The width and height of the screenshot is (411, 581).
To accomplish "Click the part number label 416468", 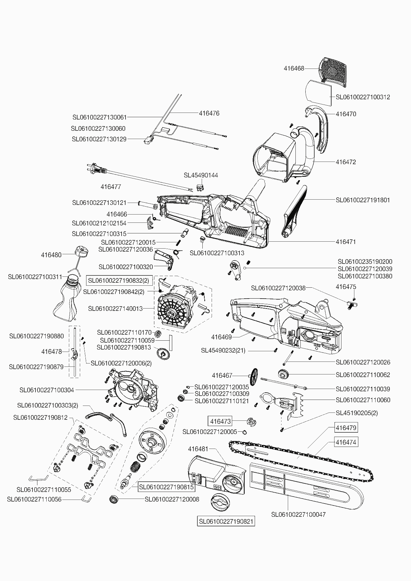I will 294,69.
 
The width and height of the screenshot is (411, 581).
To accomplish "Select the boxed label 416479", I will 346,428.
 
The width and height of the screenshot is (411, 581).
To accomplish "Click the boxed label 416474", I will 346,442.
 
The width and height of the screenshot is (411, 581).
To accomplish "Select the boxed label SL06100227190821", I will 226,522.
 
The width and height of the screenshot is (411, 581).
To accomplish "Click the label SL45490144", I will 201,175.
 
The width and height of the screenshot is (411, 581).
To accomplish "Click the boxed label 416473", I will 220,421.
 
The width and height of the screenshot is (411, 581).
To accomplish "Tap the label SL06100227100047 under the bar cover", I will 298,514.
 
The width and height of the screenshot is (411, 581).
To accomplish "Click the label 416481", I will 198,449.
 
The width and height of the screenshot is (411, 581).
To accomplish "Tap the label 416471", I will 346,242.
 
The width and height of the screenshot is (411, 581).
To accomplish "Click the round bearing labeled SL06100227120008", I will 114,499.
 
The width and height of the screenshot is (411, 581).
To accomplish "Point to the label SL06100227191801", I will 363,200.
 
